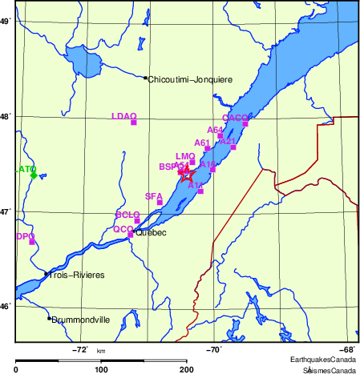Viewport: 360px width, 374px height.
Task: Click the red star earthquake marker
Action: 187,175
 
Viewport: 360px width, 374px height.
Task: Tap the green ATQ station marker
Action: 34,175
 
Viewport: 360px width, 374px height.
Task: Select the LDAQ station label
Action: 124,116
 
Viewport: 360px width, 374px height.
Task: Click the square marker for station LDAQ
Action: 134,123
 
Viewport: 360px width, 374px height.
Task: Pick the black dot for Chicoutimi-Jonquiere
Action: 145,78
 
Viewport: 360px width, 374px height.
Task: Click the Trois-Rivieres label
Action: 77,275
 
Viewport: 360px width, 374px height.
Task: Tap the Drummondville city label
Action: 80,319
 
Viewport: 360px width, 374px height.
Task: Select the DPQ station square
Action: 33,242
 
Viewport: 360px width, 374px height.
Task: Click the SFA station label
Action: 153,196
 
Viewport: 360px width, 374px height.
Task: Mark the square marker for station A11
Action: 200,191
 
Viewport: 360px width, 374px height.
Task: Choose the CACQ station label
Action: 236,118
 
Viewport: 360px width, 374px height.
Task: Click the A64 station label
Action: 215,129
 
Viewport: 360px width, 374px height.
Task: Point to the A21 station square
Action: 233,147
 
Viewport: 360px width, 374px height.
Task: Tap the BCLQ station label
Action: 127,215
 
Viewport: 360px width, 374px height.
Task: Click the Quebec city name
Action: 151,233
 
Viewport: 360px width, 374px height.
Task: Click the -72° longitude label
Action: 80,349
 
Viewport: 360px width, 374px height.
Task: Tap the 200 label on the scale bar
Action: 186,369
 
